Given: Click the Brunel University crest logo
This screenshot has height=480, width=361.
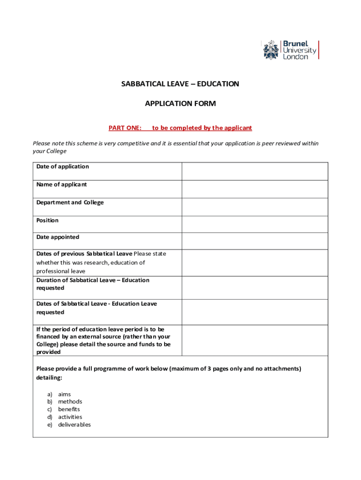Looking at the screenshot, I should point(271,50).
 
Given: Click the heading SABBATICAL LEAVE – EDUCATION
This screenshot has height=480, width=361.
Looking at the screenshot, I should point(180,84).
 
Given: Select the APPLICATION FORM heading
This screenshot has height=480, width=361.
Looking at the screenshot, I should point(180,104).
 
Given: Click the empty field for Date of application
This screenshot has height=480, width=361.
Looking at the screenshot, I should point(255,171).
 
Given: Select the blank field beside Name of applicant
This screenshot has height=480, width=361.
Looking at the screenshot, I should point(255,189).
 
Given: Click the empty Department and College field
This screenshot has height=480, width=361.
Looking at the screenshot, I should point(255,207).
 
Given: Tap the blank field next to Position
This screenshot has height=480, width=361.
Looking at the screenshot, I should point(255,224).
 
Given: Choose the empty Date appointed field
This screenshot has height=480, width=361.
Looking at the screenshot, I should point(255,241).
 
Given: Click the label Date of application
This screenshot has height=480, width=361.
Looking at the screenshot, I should point(62,166).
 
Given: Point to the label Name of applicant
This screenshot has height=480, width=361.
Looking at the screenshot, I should point(61,184).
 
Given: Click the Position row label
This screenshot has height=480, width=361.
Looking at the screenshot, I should point(47,220).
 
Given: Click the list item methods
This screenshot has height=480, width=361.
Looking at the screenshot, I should point(70,402).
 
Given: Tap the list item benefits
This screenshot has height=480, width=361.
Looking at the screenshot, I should point(69,409).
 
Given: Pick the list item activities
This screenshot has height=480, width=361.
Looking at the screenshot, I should point(70,417).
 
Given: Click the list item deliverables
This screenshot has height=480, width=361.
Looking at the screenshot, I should point(74,425).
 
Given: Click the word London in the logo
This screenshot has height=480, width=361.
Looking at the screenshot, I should point(295,57).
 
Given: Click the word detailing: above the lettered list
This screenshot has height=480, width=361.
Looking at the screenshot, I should point(49,377).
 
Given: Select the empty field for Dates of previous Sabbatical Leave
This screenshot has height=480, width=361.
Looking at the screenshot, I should point(255,262).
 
